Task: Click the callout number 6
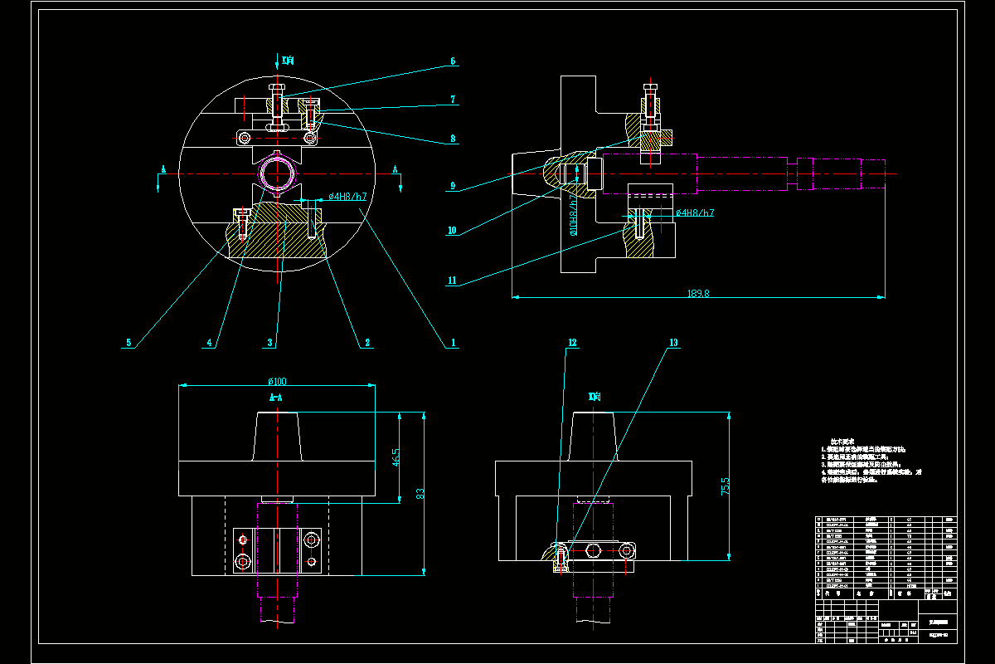(x=454, y=61)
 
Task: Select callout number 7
(x=454, y=100)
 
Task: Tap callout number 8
(x=454, y=139)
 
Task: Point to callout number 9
(x=453, y=187)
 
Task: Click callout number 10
(x=453, y=231)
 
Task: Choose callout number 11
(x=453, y=281)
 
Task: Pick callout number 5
(x=129, y=342)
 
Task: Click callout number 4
(x=211, y=342)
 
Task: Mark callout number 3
(x=270, y=342)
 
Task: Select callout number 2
(x=366, y=342)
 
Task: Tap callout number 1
(x=454, y=342)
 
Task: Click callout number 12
(x=572, y=342)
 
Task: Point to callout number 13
(x=673, y=342)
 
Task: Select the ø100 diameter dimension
(x=277, y=381)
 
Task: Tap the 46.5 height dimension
(x=396, y=457)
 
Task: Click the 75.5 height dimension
(x=726, y=486)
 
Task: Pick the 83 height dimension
(x=421, y=493)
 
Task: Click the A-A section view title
(x=277, y=398)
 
